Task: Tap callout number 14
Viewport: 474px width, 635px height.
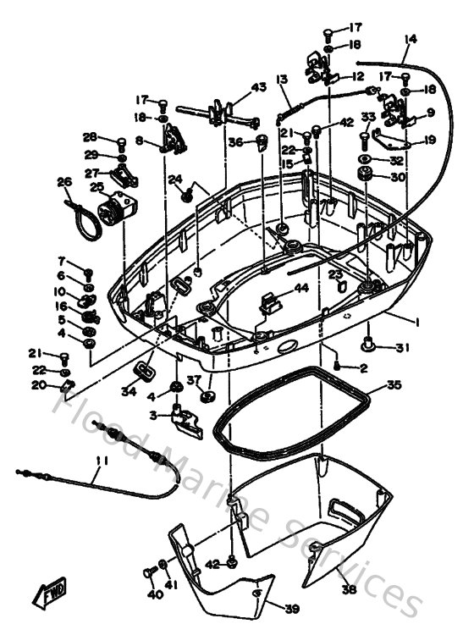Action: pyautogui.click(x=411, y=39)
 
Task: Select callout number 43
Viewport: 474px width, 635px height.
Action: pyautogui.click(x=258, y=87)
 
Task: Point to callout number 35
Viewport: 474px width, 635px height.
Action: pyautogui.click(x=394, y=385)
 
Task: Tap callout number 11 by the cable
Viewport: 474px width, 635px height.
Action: pyautogui.click(x=102, y=461)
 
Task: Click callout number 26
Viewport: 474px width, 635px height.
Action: pyautogui.click(x=64, y=182)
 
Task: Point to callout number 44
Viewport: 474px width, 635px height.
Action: pyautogui.click(x=300, y=289)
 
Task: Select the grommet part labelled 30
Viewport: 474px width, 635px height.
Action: pyautogui.click(x=367, y=176)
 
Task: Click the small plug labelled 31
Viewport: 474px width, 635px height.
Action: pyautogui.click(x=370, y=343)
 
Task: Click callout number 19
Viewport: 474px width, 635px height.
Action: pyautogui.click(x=429, y=141)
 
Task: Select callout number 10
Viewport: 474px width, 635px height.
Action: pyautogui.click(x=61, y=291)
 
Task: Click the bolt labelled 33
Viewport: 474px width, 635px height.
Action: pyautogui.click(x=366, y=134)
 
